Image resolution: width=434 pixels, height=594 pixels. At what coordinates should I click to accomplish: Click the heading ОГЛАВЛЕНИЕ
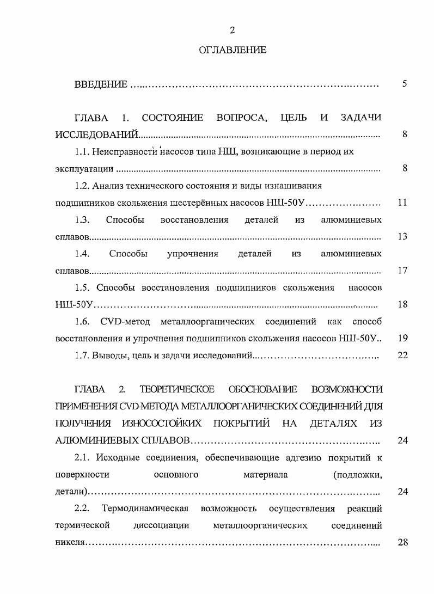point(233,50)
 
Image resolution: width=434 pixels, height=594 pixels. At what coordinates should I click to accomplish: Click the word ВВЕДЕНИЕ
point(101,84)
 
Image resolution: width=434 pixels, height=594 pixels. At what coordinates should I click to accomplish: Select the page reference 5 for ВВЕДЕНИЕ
point(404,84)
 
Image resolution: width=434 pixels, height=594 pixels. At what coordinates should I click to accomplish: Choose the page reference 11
point(402,203)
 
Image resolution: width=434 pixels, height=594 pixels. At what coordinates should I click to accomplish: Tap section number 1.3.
point(82,219)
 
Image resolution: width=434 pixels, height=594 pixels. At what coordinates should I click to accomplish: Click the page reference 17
point(402,271)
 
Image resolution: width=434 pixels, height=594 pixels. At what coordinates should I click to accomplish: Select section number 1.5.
point(82,287)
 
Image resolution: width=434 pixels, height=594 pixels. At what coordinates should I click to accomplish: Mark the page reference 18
point(402,304)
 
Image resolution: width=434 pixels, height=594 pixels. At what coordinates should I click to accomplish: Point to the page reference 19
point(402,338)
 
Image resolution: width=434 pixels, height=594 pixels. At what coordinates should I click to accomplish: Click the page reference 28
point(402,542)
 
